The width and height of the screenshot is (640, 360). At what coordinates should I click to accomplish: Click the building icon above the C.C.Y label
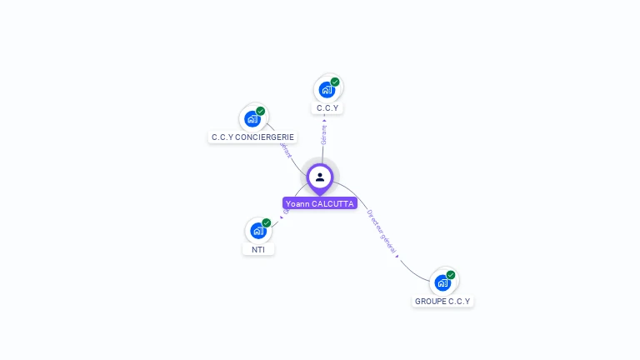pos(327,89)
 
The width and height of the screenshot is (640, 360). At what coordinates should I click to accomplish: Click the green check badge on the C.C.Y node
pos(335,82)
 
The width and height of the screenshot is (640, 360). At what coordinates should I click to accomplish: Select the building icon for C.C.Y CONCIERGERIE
pos(252,119)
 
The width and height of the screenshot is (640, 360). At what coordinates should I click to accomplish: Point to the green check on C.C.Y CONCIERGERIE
pos(261,111)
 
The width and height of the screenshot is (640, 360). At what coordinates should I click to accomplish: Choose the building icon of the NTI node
pos(258,231)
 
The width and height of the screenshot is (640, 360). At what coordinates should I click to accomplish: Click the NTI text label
pos(258,249)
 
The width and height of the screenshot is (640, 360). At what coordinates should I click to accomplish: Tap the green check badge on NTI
pos(267,222)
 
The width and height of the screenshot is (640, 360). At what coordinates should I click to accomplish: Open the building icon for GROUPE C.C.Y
pos(442,282)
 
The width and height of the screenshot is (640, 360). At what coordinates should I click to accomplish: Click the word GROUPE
pos(430,301)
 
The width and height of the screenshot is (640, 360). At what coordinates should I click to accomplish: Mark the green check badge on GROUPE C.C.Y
pos(451,274)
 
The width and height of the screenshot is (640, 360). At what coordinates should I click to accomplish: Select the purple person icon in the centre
pos(320,177)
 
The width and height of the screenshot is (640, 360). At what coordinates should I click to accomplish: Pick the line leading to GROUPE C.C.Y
pos(408,268)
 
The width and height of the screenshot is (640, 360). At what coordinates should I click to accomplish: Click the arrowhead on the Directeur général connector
pos(397,256)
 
